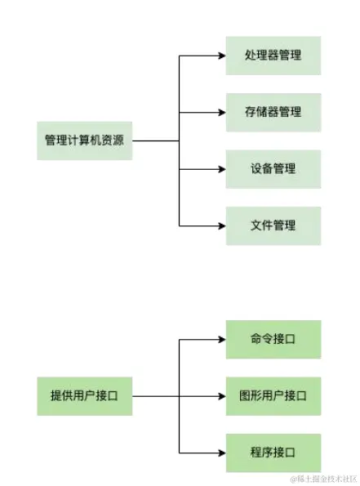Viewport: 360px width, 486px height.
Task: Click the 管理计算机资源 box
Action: pos(84,140)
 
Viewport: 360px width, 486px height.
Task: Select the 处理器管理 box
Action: pos(273,56)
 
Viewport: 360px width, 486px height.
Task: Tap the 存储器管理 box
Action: pos(273,112)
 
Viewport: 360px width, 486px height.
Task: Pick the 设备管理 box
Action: pos(273,169)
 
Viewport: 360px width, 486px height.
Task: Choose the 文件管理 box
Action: pos(273,225)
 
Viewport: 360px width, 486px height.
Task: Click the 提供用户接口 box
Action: pos(84,396)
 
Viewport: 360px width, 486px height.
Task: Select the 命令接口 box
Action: pos(273,340)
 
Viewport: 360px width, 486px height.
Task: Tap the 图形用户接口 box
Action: pos(273,396)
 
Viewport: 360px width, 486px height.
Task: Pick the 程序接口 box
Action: pos(273,453)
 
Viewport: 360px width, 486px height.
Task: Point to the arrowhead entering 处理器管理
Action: pos(221,56)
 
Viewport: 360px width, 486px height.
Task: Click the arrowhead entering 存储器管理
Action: pos(221,112)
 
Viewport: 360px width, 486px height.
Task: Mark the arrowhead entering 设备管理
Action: pos(221,169)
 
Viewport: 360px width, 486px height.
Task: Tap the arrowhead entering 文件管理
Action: pos(221,225)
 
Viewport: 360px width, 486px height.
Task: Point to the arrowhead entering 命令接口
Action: pos(221,340)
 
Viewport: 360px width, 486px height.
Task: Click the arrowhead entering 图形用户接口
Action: pos(221,396)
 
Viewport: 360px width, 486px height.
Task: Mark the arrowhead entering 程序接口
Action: pos(221,453)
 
